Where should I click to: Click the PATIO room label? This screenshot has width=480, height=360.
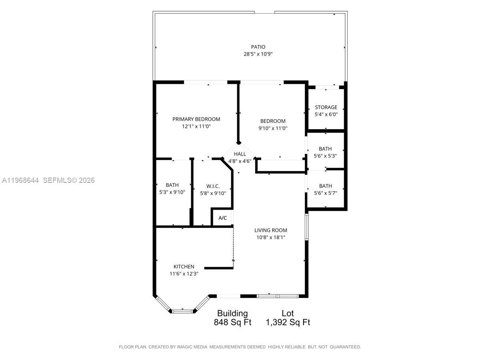[258, 47]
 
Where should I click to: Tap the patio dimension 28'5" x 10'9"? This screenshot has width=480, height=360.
[258, 54]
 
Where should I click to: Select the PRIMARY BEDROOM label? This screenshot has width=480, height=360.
[196, 119]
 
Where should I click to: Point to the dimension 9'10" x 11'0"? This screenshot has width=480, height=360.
[273, 128]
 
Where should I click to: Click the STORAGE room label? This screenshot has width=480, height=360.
[326, 107]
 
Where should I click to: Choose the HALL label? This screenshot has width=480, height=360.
[240, 154]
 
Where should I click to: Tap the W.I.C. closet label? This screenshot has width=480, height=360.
[213, 186]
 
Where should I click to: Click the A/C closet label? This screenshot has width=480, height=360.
[223, 218]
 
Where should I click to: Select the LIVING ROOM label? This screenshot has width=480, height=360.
[271, 230]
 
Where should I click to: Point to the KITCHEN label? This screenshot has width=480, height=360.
[184, 266]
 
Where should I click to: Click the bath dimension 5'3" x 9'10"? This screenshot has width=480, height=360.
[172, 192]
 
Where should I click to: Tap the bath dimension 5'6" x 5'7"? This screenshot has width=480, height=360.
[325, 193]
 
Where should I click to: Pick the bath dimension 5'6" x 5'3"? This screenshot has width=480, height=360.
[325, 156]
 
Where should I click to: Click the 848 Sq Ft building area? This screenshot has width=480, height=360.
[232, 322]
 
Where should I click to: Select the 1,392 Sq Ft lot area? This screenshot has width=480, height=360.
[288, 322]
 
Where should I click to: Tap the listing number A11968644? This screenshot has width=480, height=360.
[20, 180]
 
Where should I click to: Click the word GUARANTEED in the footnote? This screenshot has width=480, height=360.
[345, 347]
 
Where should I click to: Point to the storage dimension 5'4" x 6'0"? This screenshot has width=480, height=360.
[326, 114]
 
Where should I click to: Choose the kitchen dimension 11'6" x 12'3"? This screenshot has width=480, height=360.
[184, 274]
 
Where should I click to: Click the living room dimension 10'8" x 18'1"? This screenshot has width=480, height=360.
[271, 237]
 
